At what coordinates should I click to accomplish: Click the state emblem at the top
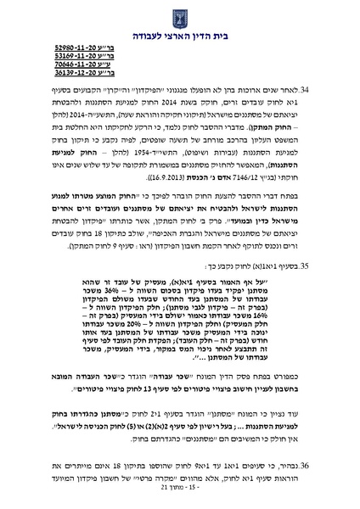[x=180, y=14]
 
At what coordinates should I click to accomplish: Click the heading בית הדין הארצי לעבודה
[x=180, y=36]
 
